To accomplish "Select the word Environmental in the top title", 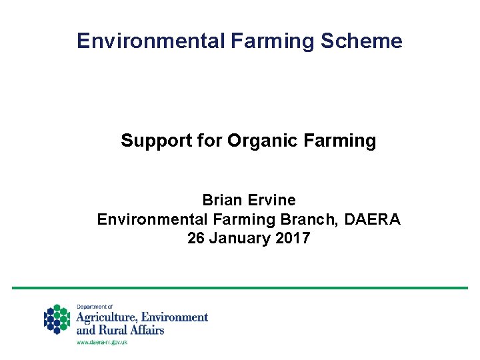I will point(150,41).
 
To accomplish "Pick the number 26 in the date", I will point(196,239).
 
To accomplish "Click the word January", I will point(239,239).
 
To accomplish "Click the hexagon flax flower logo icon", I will point(57,319).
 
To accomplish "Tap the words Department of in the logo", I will point(95,307).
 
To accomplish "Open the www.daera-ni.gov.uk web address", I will point(101,341).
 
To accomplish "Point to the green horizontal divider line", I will point(240,288).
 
